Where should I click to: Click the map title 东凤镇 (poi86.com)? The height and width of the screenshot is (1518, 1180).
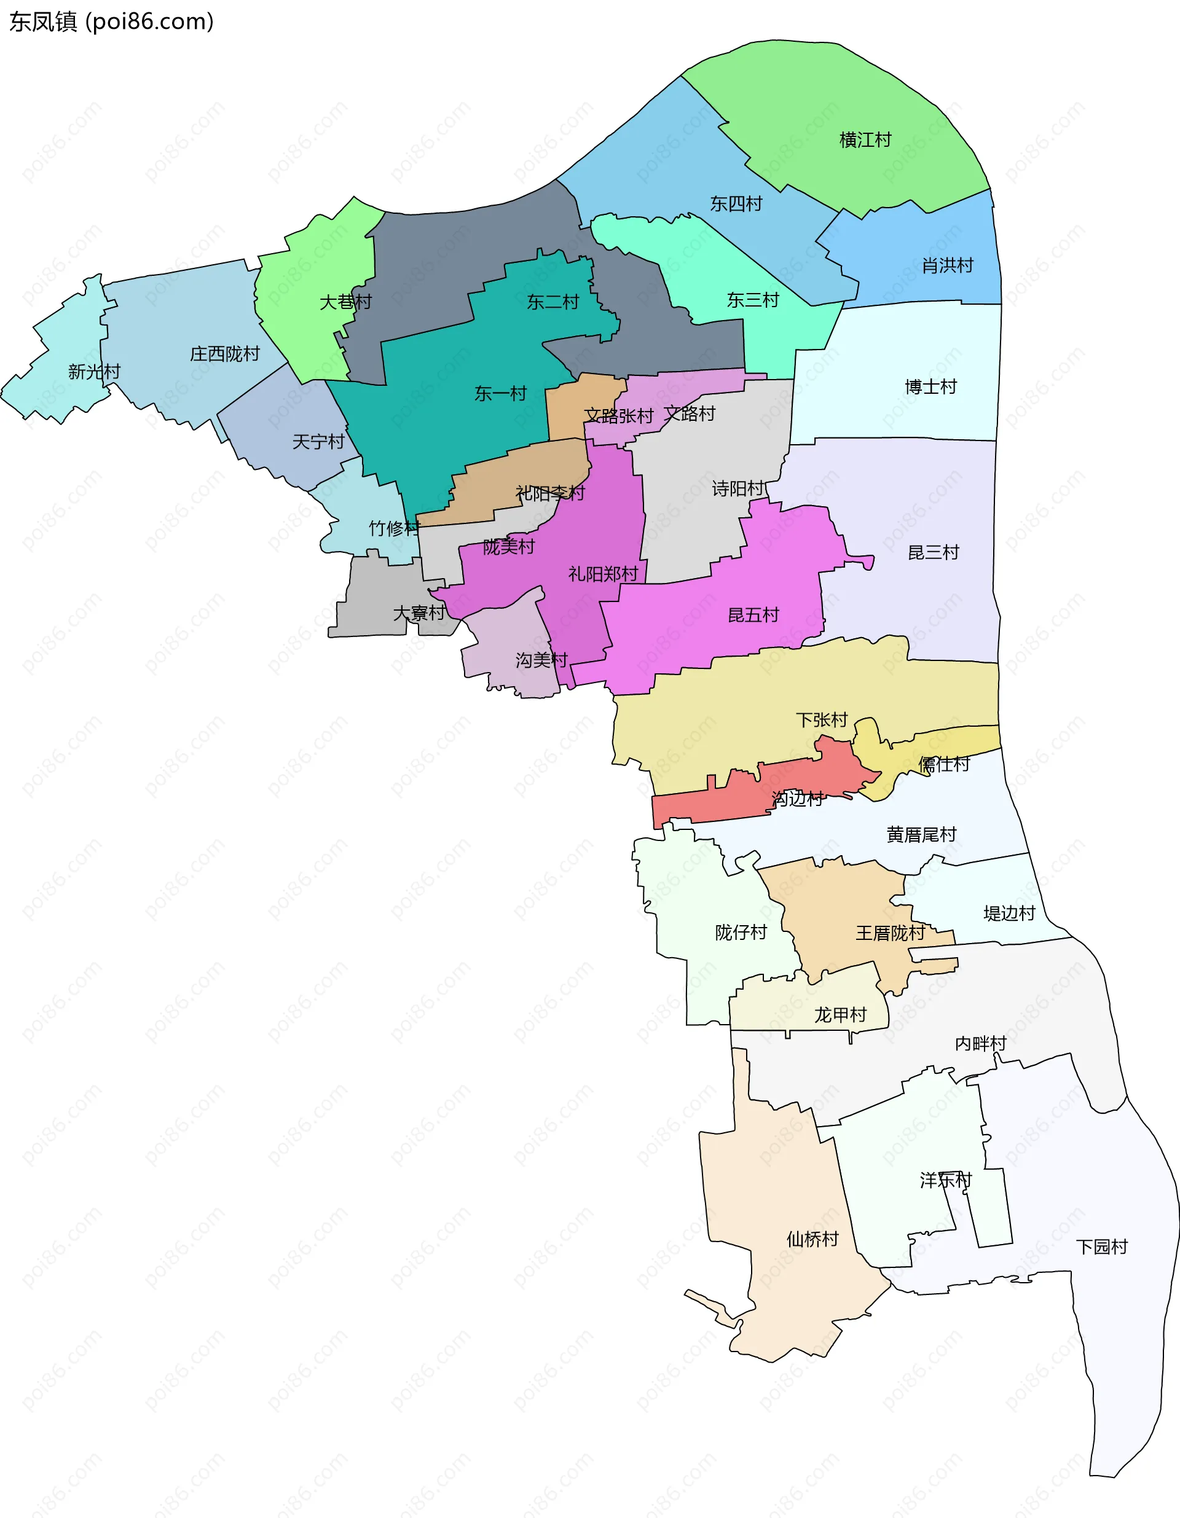(111, 22)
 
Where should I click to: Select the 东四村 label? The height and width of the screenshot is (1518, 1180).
(736, 204)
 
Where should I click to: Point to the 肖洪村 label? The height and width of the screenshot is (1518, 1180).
(947, 265)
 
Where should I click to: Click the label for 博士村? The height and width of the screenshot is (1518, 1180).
(930, 386)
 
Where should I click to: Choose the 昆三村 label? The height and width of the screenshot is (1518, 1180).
(933, 552)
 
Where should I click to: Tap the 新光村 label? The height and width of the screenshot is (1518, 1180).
(94, 372)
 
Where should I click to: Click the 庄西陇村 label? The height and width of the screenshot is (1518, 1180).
(224, 354)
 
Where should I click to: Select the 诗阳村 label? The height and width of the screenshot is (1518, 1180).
(737, 488)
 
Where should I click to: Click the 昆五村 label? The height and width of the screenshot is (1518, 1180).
(753, 615)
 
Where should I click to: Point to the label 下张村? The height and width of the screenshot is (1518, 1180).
(821, 719)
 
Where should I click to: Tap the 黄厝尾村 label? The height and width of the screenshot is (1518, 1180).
(921, 834)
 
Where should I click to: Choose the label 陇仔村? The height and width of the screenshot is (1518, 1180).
(741, 933)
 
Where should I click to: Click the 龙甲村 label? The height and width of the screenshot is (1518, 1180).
(840, 1015)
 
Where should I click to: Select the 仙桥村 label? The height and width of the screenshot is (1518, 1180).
(812, 1239)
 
